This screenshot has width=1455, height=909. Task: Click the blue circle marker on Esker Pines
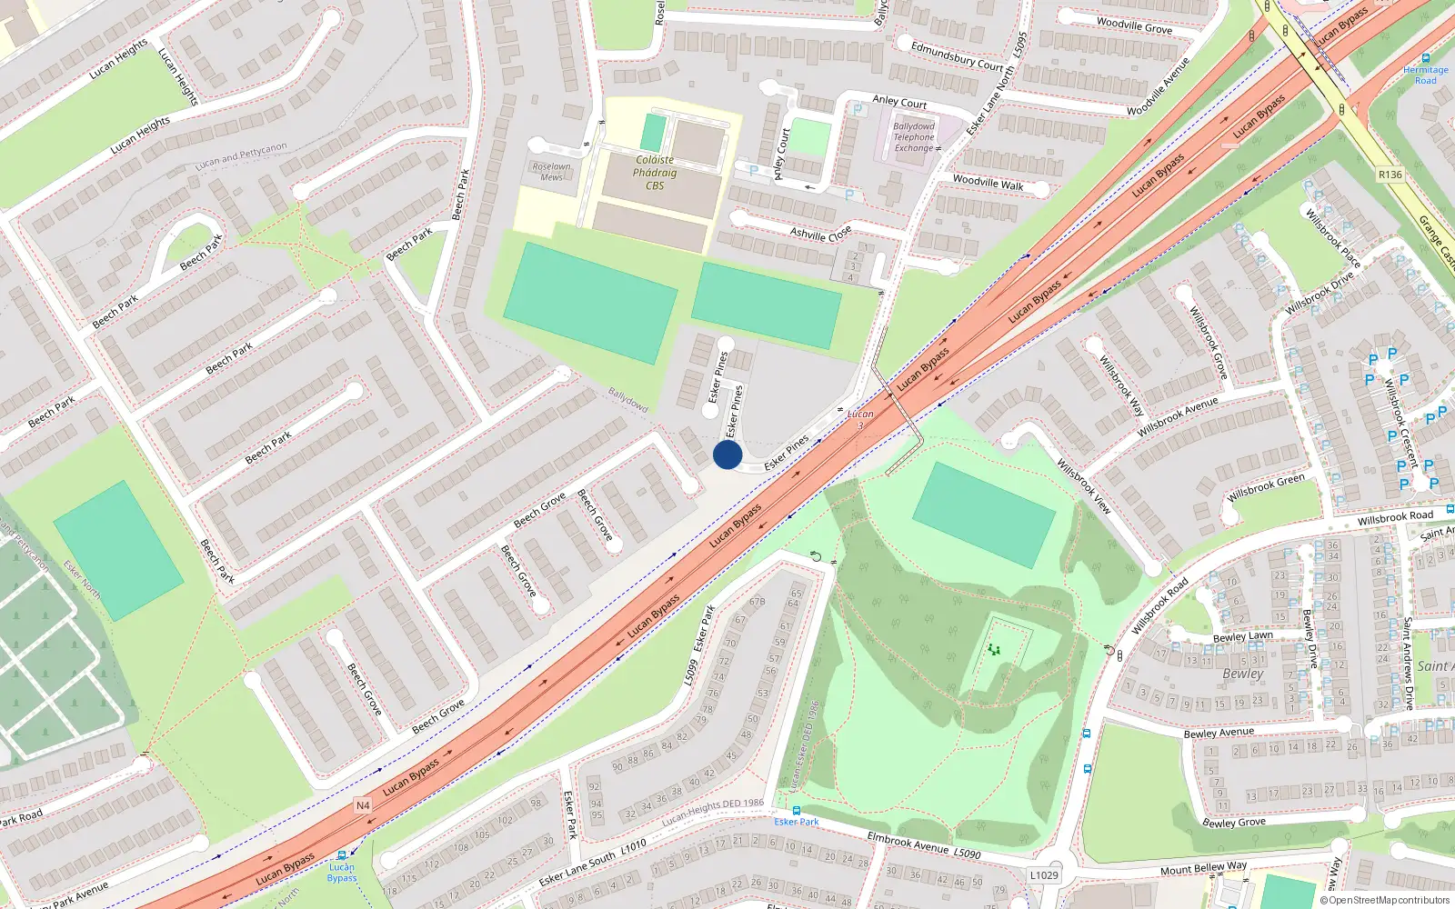pyautogui.click(x=727, y=454)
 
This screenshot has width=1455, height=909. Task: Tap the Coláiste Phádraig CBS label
pyautogui.click(x=655, y=173)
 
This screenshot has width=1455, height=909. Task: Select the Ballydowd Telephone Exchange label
pyautogui.click(x=914, y=137)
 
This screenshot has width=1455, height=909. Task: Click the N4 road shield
pyautogui.click(x=363, y=805)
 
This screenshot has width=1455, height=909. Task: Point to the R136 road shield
pyautogui.click(x=1390, y=175)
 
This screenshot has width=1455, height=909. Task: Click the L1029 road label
pyautogui.click(x=1044, y=875)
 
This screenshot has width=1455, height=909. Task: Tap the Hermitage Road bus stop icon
pyautogui.click(x=1425, y=58)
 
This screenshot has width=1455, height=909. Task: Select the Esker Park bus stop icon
pyautogui.click(x=797, y=810)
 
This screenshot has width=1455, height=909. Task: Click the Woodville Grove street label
pyautogui.click(x=1134, y=25)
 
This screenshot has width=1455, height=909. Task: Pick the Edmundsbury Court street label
pyautogui.click(x=957, y=55)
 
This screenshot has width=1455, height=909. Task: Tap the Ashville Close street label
pyautogui.click(x=820, y=234)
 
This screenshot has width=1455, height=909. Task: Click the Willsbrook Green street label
pyautogui.click(x=1266, y=488)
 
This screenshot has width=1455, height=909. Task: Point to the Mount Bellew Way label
pyautogui.click(x=1203, y=868)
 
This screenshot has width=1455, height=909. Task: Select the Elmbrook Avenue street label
pyautogui.click(x=908, y=843)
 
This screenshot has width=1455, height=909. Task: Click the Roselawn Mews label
pyautogui.click(x=552, y=172)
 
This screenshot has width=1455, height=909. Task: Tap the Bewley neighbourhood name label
pyautogui.click(x=1243, y=674)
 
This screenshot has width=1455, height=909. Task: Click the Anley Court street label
pyautogui.click(x=899, y=102)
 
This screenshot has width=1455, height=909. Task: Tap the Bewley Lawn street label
pyautogui.click(x=1242, y=636)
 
